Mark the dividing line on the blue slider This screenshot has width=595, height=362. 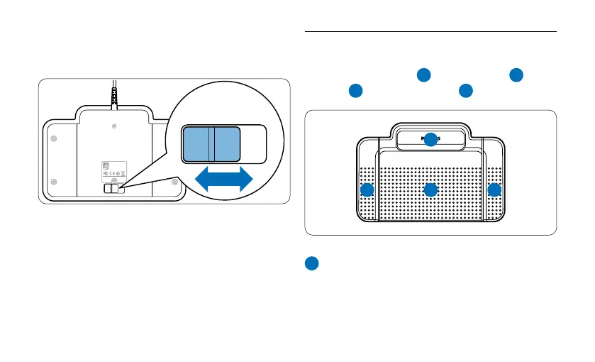(210, 144)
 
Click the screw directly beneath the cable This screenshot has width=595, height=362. (114, 126)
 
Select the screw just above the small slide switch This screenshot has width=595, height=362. (115, 182)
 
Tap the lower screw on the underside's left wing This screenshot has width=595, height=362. (54, 182)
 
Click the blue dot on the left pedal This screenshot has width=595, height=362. (367, 190)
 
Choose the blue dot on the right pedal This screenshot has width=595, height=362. (494, 190)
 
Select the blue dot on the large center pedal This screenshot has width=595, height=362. (430, 190)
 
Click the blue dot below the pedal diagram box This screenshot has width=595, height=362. (311, 263)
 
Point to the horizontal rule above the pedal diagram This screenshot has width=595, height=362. (430, 32)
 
